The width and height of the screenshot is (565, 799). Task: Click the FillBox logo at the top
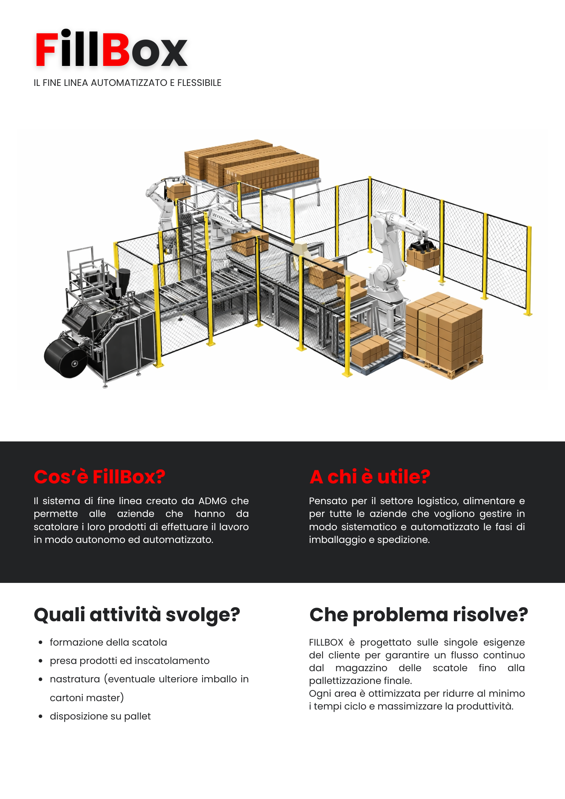click(111, 50)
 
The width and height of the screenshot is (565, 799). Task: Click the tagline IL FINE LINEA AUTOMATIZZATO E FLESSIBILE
click(127, 83)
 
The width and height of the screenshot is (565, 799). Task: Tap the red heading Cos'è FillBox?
click(99, 477)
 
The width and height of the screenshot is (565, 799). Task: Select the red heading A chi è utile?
click(370, 477)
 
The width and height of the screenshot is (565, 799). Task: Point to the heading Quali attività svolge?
click(137, 614)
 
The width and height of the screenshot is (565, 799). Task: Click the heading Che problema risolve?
click(418, 614)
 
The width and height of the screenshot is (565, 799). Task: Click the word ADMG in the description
click(213, 501)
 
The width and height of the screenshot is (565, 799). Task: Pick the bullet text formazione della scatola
click(108, 642)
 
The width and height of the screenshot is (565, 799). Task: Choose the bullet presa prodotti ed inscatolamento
click(129, 661)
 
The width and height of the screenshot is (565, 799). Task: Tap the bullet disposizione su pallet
click(100, 716)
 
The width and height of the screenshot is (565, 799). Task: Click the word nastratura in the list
click(75, 679)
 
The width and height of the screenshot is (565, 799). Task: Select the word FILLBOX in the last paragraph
click(326, 642)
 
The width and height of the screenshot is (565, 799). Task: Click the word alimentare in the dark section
click(489, 501)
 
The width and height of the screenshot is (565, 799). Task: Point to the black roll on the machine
click(65, 358)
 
